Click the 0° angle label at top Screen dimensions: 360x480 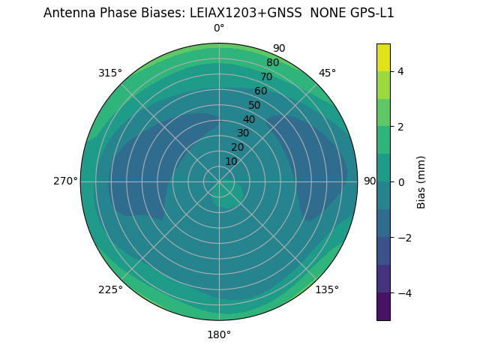tap(219, 28)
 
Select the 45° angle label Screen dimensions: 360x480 tap(327, 73)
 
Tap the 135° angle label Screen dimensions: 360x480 tap(327, 289)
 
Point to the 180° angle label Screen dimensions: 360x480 tap(219, 334)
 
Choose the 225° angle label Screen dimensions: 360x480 tap(110, 289)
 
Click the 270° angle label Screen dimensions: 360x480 tap(65, 181)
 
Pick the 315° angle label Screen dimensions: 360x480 tap(110, 73)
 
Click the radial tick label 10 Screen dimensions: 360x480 tap(231, 161)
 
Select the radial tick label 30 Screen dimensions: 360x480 tap(243, 133)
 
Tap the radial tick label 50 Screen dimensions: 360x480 tap(255, 106)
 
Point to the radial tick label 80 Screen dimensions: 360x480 tap(272, 63)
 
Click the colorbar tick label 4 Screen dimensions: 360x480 tap(401, 71)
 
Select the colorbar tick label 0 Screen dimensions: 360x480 tap(401, 181)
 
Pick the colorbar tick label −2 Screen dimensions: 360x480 tap(404, 237)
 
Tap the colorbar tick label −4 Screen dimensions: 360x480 tap(404, 292)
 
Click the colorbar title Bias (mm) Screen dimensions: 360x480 tap(421, 181)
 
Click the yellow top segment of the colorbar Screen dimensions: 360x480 tap(383, 57)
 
